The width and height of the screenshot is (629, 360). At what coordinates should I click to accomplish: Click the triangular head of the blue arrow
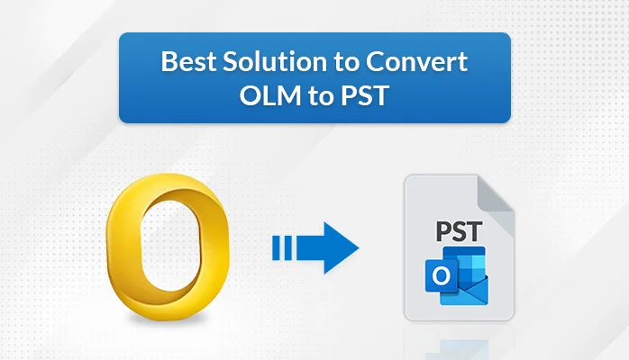click(341, 245)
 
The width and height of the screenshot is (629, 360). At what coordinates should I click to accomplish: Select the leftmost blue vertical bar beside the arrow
click(276, 245)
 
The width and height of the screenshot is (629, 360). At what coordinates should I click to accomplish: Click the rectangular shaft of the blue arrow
click(310, 245)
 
